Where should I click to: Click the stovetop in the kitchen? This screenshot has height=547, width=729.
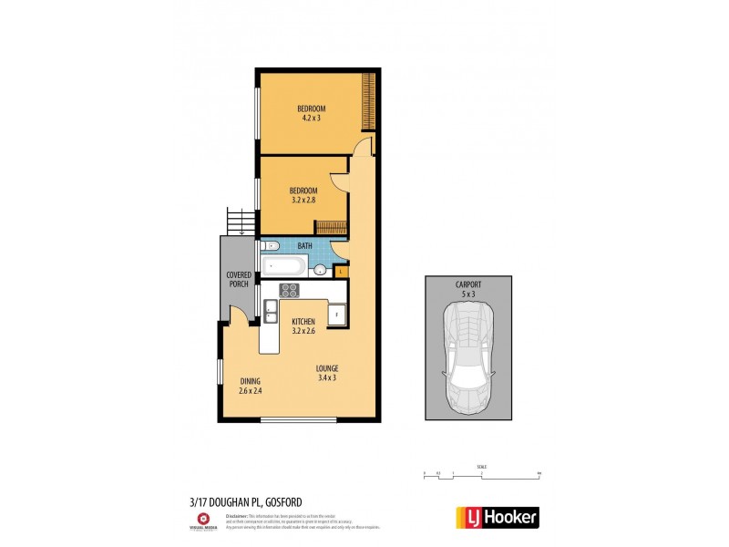289,292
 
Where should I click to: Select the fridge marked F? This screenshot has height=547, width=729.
336,315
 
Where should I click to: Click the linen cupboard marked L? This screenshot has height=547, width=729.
340,271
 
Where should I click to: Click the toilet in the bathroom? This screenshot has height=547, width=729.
271,246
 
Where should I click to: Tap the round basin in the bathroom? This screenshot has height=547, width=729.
321,269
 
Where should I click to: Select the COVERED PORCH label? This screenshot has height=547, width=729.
238,279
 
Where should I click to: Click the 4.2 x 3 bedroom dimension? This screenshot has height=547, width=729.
312,117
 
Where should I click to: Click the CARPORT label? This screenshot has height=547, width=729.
468,285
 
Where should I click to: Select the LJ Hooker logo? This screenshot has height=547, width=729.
496,517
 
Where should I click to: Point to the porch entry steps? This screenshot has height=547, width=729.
240,222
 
